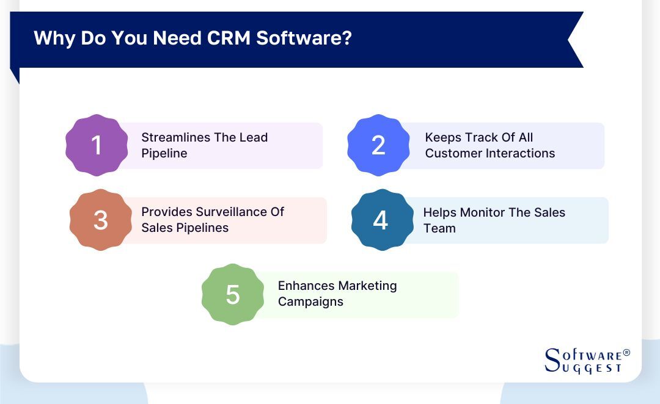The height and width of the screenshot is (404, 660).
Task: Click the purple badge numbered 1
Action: [96, 145]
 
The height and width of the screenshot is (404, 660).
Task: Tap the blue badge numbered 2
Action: [378, 145]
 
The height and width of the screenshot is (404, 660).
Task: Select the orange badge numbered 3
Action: [100, 220]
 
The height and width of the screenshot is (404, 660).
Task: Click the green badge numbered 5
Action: [232, 294]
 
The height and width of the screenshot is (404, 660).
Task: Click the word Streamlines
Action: [171, 137]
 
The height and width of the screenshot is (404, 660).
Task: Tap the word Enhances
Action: [306, 286]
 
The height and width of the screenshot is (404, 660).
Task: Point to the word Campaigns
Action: [310, 301]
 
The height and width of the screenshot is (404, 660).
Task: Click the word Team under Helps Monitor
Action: [439, 228]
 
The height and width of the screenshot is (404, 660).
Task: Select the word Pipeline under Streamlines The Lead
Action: [164, 153]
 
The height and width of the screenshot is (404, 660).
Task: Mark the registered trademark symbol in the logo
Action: [626, 353]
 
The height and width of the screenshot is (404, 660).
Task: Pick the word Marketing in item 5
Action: [368, 286]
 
